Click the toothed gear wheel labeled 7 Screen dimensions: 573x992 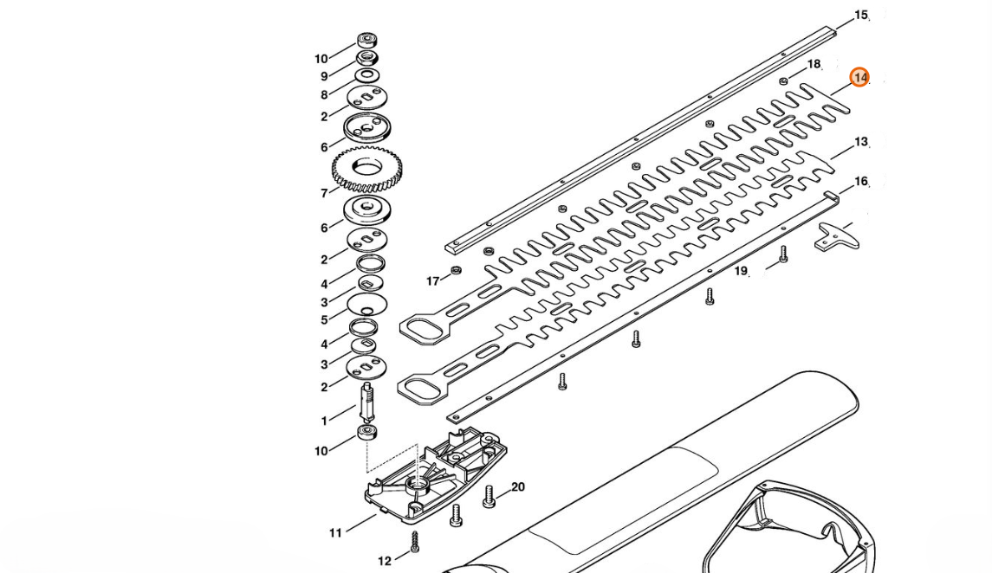point(369,168)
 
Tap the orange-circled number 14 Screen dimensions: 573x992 point(859,78)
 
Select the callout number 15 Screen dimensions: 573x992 point(860,16)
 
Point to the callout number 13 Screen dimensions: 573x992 point(860,142)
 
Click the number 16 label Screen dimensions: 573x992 point(860,182)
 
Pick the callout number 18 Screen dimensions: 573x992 point(814,64)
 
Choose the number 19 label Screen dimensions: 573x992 point(741,271)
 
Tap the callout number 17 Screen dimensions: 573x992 point(433,281)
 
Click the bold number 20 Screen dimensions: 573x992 point(517,487)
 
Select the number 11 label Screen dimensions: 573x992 point(335,533)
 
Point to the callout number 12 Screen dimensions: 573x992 point(385,561)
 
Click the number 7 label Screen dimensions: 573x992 point(325,193)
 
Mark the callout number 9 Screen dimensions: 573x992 point(324,76)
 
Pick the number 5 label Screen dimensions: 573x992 point(324,319)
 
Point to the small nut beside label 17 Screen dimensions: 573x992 point(457,271)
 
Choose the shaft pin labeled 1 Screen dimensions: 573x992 point(366,402)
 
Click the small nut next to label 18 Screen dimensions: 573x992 point(783,80)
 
